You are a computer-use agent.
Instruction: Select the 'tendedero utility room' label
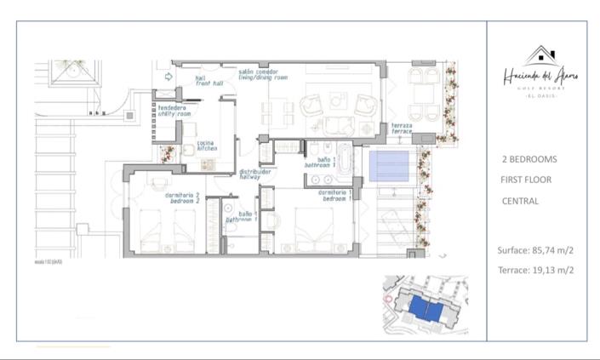(174, 111)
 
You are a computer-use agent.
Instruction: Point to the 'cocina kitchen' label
(207, 146)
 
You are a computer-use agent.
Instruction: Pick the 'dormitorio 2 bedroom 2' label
(181, 198)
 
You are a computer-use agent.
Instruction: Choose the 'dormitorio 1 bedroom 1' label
(335, 196)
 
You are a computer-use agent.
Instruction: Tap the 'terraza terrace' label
(402, 129)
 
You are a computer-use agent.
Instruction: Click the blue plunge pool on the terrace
(393, 165)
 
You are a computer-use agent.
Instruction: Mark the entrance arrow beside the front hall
(169, 77)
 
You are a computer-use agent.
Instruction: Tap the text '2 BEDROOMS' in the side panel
(530, 159)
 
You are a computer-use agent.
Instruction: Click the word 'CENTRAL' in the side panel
(520, 202)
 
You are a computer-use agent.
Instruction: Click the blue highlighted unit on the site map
(425, 310)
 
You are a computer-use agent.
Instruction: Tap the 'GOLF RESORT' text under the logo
(540, 89)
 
